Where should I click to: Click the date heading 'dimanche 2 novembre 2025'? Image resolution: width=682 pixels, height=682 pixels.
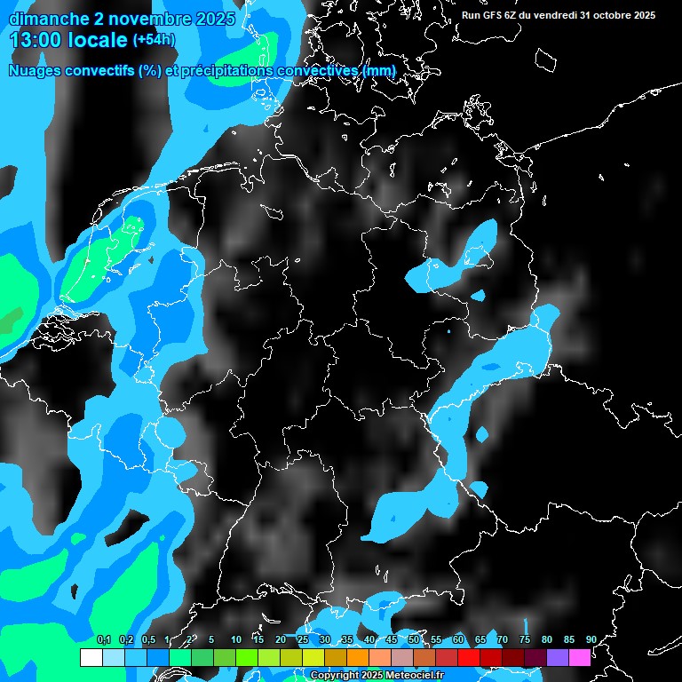tap(123, 19)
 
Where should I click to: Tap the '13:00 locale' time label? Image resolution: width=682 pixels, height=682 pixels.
tap(68, 40)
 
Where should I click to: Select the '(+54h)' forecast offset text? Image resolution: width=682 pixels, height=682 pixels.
tap(154, 40)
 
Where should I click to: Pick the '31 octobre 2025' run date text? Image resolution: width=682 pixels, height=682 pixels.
tap(618, 15)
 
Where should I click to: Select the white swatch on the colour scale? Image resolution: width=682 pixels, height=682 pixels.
tap(91, 657)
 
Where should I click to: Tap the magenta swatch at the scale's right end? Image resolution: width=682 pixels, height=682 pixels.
tap(580, 657)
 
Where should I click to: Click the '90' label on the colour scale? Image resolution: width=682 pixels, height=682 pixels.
tap(591, 639)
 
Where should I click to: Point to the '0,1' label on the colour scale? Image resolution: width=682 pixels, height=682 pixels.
tap(104, 639)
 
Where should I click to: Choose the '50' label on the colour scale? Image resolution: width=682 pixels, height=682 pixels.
tap(414, 639)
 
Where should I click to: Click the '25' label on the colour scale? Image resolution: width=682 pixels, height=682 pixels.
tap(303, 639)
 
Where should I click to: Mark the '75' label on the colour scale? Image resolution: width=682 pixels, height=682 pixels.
tap(525, 639)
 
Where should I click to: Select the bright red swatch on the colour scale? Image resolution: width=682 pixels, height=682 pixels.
tap(469, 657)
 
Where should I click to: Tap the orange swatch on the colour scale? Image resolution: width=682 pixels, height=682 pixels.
tap(358, 657)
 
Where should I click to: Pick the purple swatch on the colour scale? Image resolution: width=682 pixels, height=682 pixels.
tap(558, 657)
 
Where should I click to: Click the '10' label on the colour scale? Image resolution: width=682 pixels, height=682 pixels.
tap(236, 639)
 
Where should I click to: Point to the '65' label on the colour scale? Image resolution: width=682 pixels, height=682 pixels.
tap(480, 639)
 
